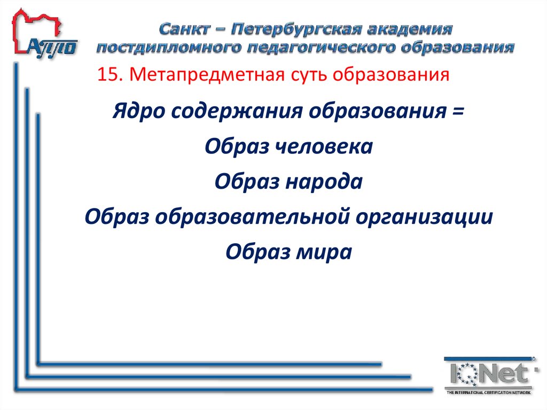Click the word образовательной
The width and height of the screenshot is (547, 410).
pyautogui.click(x=248, y=216)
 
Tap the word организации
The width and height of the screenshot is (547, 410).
pyautogui.click(x=420, y=216)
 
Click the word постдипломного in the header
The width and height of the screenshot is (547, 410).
pyautogui.click(x=168, y=48)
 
